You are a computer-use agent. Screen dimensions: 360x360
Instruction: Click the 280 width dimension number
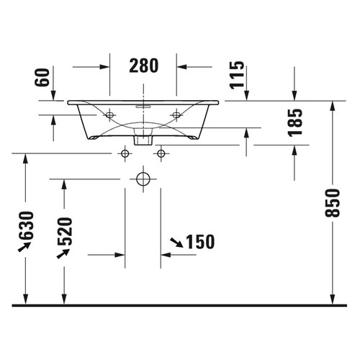(143, 66)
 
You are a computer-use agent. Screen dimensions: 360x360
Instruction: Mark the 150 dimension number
(200, 242)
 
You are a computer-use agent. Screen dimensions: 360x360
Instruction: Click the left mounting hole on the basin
(109, 114)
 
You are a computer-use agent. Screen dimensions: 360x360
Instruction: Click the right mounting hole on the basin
(176, 114)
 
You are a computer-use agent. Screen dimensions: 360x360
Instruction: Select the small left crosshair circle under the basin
(125, 153)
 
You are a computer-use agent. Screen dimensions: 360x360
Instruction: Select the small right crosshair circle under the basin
(160, 153)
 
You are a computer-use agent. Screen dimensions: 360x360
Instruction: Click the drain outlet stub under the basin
(143, 139)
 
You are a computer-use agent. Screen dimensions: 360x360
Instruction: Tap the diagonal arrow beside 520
(61, 253)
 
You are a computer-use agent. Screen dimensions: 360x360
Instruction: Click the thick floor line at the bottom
(180, 306)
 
